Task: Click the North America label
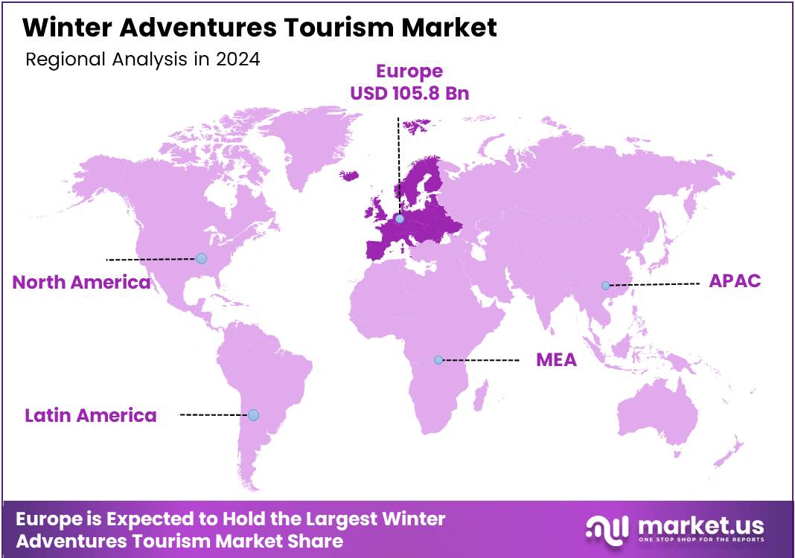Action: tap(81, 283)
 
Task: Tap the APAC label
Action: tap(735, 281)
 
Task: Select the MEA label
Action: tap(556, 360)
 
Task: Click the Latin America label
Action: tap(91, 415)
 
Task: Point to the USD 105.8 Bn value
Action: tap(409, 94)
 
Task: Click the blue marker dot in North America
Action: tap(201, 258)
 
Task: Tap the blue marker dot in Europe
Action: tap(400, 219)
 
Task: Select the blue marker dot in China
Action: tap(606, 286)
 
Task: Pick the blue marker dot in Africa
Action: tap(438, 360)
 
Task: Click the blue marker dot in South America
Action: tap(253, 414)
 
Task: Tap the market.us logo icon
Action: tap(607, 529)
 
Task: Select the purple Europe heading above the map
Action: tap(409, 71)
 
